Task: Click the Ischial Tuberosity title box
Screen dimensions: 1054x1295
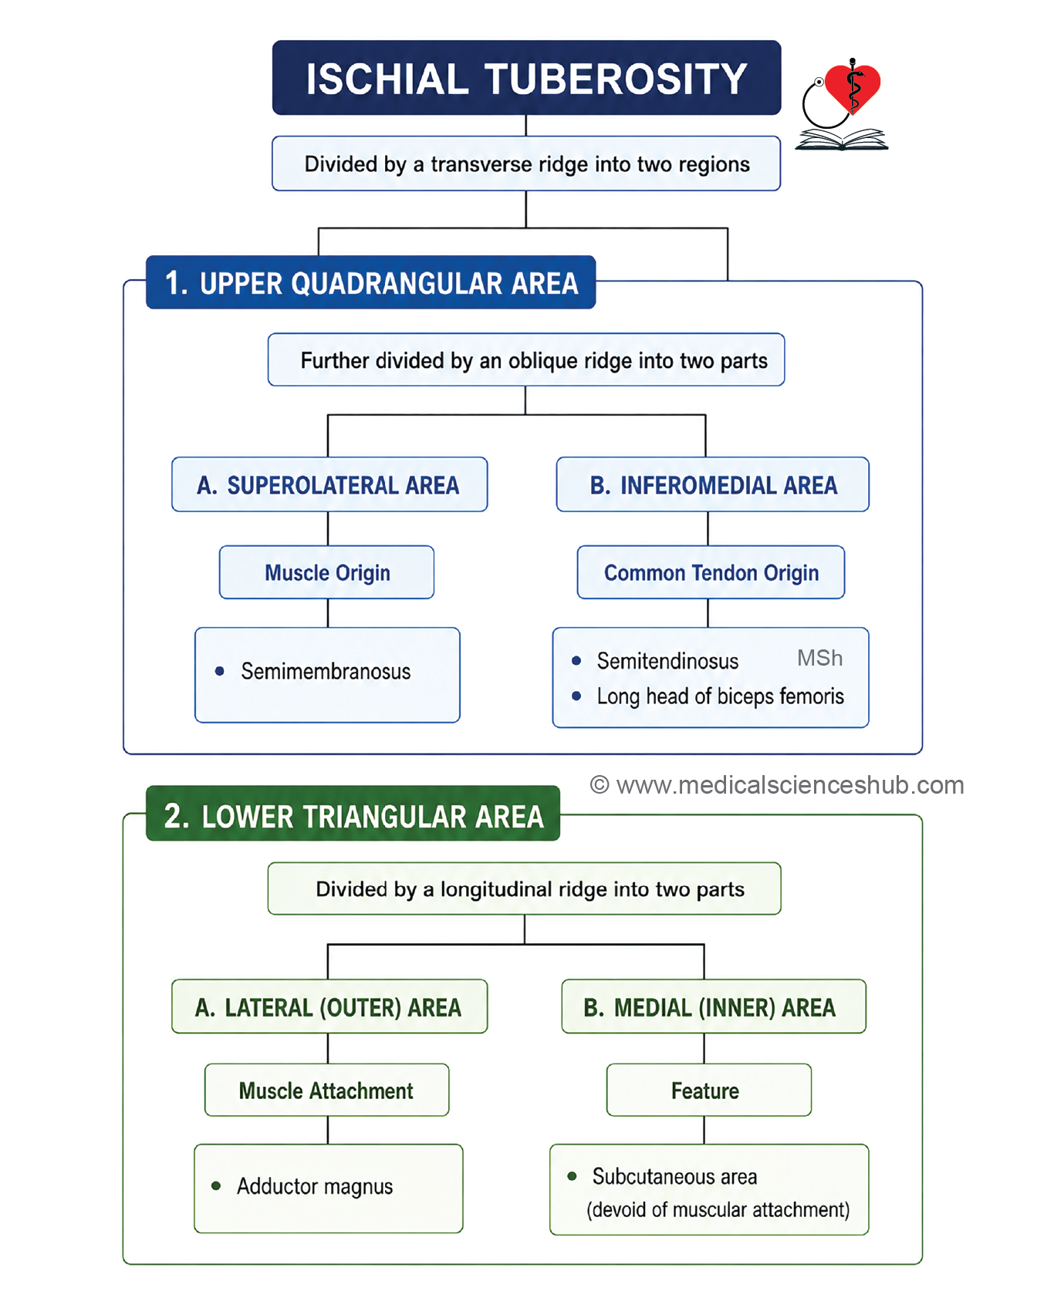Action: (526, 78)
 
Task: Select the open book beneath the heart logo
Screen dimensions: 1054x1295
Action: (842, 140)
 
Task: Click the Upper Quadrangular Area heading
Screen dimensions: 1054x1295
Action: (370, 282)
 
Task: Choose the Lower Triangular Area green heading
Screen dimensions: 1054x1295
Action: (353, 814)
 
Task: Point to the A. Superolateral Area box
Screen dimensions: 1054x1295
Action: (329, 484)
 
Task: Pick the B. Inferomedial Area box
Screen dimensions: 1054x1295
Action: (713, 484)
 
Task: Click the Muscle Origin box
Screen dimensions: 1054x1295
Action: (327, 572)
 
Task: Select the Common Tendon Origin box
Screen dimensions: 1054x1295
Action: (711, 572)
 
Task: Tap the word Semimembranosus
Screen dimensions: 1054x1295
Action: (326, 671)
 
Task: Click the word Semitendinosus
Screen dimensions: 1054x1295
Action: (667, 661)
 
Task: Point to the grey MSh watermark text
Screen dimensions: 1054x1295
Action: (819, 658)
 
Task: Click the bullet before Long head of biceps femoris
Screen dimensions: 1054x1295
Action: (576, 696)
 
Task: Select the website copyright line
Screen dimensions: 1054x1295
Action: (777, 785)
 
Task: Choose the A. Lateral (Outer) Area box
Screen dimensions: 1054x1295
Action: (329, 1007)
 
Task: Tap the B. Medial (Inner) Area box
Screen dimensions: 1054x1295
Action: (714, 1007)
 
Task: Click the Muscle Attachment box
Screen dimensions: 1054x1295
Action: (326, 1090)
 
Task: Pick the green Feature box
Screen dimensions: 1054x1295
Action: (709, 1090)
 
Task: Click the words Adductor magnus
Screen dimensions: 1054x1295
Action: (315, 1186)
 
